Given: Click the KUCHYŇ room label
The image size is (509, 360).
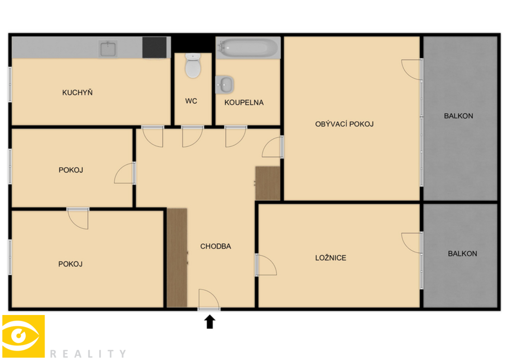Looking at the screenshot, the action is pyautogui.click(x=77, y=93).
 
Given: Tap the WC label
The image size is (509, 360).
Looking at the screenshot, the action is pyautogui.click(x=191, y=101).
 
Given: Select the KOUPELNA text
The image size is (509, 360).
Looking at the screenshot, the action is pyautogui.click(x=244, y=103).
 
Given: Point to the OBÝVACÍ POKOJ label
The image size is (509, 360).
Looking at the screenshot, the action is pyautogui.click(x=344, y=124).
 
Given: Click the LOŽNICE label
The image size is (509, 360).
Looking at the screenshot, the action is pyautogui.click(x=330, y=258).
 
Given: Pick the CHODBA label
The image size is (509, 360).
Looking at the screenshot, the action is pyautogui.click(x=215, y=247).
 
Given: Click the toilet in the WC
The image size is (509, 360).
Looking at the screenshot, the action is pyautogui.click(x=193, y=66).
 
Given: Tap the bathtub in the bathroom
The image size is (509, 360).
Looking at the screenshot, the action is pyautogui.click(x=248, y=48).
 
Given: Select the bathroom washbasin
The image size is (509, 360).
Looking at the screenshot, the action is pyautogui.click(x=224, y=85).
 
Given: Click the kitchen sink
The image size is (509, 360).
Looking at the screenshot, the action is pyautogui.click(x=108, y=49).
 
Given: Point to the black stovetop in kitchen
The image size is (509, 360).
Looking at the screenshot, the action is pyautogui.click(x=154, y=48).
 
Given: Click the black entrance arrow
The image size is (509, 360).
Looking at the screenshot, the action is pyautogui.click(x=210, y=322).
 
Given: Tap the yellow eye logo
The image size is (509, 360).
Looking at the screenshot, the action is pyautogui.click(x=23, y=336).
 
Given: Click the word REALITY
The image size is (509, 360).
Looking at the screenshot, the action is pyautogui.click(x=88, y=353).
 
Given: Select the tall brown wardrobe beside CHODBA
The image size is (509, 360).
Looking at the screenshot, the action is pyautogui.click(x=177, y=257).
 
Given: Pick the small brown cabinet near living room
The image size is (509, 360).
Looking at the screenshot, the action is pyautogui.click(x=267, y=183).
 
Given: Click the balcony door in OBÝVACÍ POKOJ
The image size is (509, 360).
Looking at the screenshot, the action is pyautogui.click(x=411, y=69).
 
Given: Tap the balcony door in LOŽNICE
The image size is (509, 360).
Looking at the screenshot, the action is pyautogui.click(x=411, y=243).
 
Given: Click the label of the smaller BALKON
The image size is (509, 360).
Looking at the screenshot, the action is pyautogui.click(x=462, y=254).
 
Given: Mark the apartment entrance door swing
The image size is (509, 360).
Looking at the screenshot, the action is pyautogui.click(x=209, y=299).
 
